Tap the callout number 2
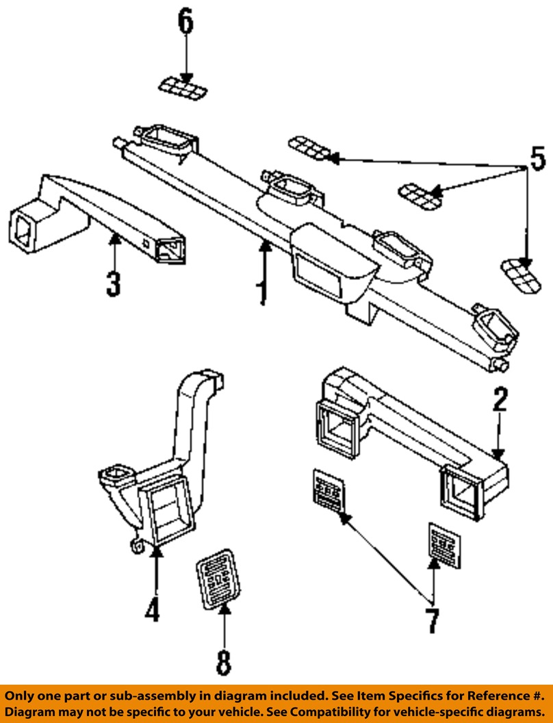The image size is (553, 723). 500,399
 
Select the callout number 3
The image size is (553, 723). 114,283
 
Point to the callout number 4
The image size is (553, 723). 153,609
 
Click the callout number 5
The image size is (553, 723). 537,159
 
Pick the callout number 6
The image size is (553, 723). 185,22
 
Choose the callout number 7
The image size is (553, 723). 433,620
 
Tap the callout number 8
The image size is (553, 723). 224,663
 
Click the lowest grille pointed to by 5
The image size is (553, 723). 521,275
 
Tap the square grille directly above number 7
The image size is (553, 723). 445,546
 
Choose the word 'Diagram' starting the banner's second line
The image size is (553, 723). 29,712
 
